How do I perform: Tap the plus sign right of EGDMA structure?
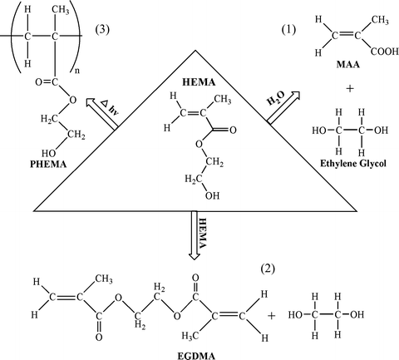pyautogui.click(x=274, y=316)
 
